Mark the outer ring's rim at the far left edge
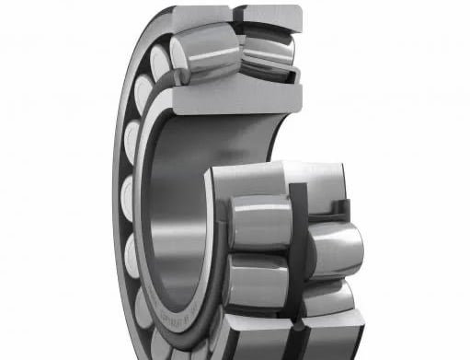coord(118,184)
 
